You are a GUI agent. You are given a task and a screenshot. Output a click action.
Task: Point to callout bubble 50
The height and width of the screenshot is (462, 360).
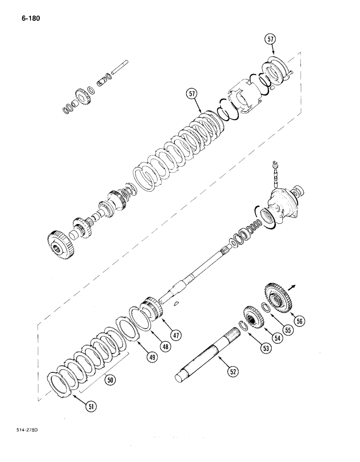(x=110, y=381)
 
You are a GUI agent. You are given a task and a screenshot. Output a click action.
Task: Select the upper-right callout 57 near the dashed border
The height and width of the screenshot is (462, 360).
(x=270, y=40)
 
